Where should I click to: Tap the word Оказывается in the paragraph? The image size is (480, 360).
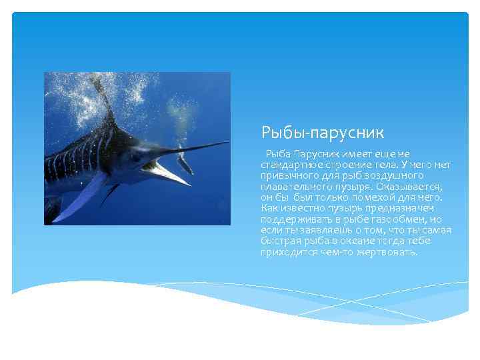coord(413,187)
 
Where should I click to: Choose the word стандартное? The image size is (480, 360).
coord(287,165)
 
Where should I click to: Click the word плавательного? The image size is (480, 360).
coord(293,187)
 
